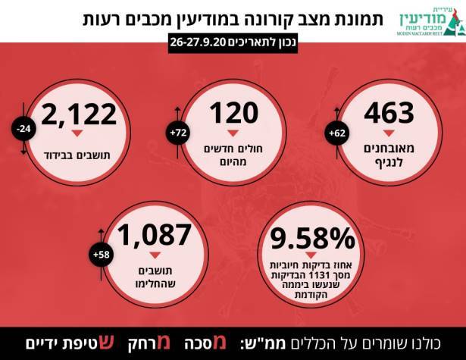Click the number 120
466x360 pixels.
(x=235, y=113)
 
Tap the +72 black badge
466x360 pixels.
(x=180, y=133)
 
